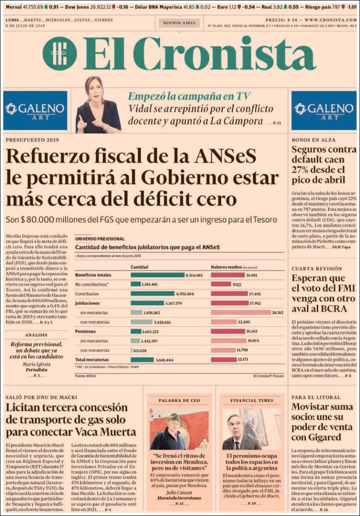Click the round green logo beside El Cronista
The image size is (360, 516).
coord(60,53)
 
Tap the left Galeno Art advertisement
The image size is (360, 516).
coord(35,110)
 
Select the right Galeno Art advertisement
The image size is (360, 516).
coord(324,110)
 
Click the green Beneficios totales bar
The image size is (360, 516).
coord(157,275)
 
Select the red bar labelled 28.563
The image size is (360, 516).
coord(241,312)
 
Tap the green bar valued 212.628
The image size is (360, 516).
coord(132,350)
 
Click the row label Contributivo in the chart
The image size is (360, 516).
coord(87,293)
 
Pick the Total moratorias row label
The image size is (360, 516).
coord(91,360)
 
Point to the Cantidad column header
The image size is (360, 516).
coord(139,266)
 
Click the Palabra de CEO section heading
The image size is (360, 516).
coord(179,400)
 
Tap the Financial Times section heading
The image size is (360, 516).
coord(252,400)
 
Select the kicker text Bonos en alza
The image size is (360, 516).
coord(311,140)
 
